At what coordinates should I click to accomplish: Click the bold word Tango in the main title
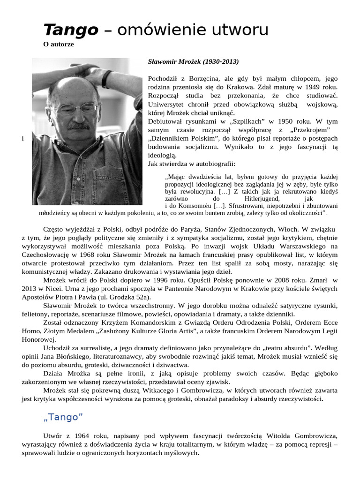[70, 30]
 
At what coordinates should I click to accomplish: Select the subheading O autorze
[59, 45]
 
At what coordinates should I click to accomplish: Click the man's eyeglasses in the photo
[75, 109]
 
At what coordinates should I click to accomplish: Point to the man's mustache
[78, 126]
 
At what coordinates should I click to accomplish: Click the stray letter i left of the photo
[22, 139]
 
